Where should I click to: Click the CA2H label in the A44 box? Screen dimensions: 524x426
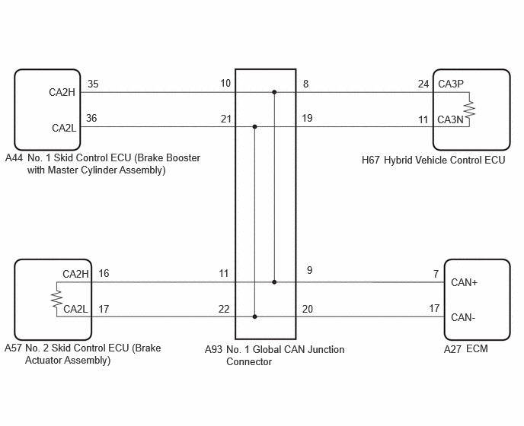coord(62,92)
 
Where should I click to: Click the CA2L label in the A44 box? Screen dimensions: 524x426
coord(64,128)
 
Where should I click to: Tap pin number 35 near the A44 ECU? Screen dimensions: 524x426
coord(93,84)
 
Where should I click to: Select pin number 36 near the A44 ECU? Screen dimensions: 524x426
coord(91,118)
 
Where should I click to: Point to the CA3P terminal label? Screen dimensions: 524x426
coord(451,84)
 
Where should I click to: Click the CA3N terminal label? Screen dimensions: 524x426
coord(450,119)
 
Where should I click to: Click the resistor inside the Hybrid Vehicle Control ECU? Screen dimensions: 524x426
coord(469,110)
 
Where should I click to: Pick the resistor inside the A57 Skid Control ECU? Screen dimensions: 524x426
coord(57,299)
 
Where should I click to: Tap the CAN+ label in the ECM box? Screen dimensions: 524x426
coord(464,282)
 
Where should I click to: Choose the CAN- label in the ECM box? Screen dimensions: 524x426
coord(463,317)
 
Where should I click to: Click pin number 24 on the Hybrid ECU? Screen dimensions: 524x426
coord(423,84)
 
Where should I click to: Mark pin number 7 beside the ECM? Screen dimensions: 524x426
coord(436,274)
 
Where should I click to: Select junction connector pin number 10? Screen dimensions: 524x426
coord(225,83)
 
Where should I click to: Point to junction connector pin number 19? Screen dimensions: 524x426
coord(307,118)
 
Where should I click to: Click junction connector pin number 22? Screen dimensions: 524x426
coord(224,309)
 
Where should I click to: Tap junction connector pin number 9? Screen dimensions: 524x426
coord(309,270)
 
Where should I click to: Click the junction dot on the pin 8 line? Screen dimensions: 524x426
coord(274,92)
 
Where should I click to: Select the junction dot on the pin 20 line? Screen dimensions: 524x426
coord(254,316)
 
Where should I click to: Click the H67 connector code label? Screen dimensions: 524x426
coord(371,161)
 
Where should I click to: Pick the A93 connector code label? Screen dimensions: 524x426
coord(213,349)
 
